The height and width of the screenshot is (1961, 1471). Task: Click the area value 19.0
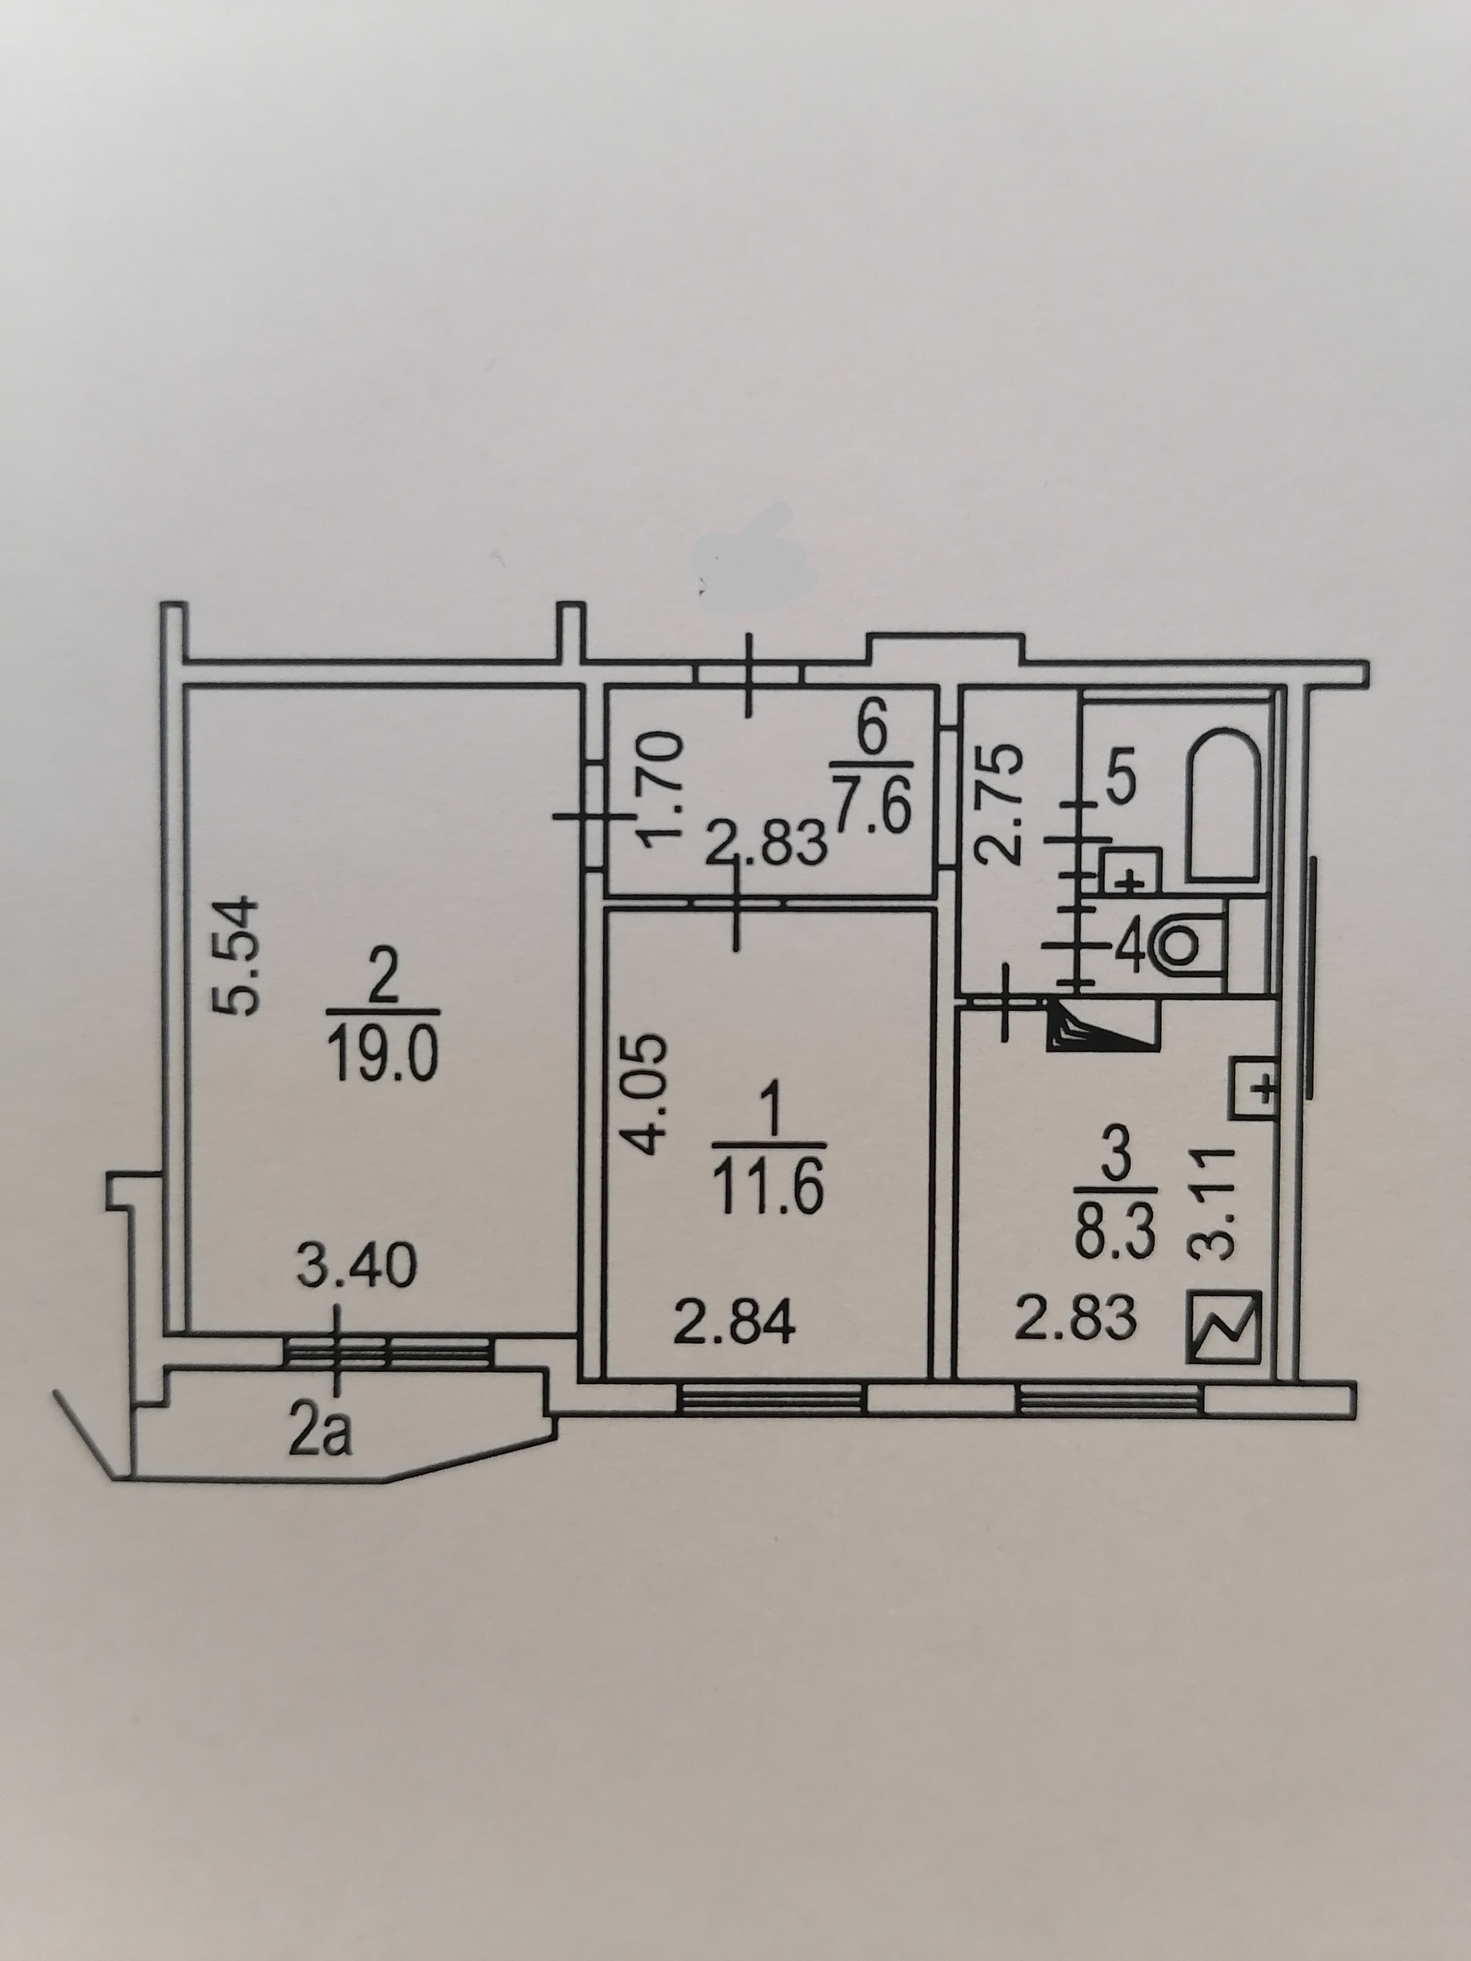382,1060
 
